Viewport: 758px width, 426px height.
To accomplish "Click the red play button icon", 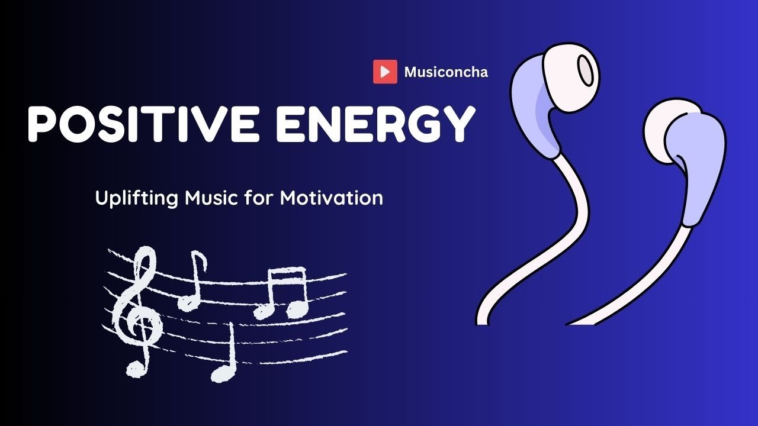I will coord(385,72).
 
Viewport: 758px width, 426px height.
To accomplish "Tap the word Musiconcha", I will coord(446,72).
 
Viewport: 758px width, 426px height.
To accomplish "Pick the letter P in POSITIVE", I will coord(44,124).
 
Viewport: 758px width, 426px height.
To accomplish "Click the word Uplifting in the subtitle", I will coord(136,198).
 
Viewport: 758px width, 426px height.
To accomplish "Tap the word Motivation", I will coord(332,197).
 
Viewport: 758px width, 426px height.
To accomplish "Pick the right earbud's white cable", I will coord(651,278).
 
